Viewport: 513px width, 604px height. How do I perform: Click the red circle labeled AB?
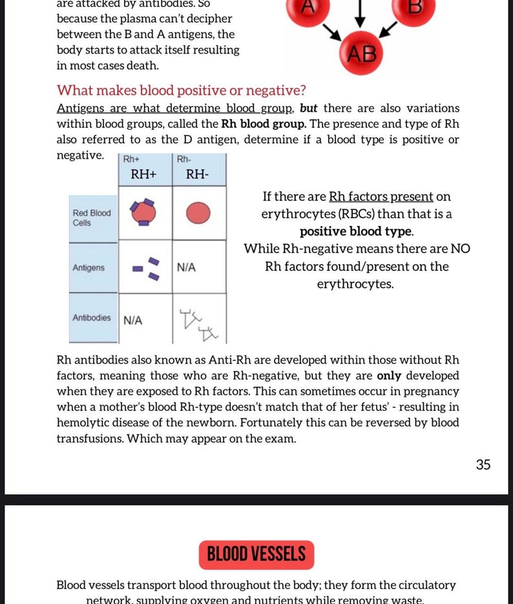(361, 53)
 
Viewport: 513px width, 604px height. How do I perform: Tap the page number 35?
(483, 464)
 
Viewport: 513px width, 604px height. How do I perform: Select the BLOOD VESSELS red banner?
(256, 555)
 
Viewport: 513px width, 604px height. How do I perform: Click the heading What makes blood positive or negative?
(182, 90)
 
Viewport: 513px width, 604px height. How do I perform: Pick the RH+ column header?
(143, 174)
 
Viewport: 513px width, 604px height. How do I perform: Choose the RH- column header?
(197, 174)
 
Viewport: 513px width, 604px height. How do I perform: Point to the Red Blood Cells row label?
(92, 218)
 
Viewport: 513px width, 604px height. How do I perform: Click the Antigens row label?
(89, 267)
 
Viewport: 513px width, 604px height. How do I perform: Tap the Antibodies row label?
(92, 317)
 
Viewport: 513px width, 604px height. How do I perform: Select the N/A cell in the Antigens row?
(187, 267)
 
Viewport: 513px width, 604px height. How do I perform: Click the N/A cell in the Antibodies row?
(133, 320)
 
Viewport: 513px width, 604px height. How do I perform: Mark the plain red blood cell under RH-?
(198, 213)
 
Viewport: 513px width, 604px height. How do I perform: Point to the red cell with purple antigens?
(143, 212)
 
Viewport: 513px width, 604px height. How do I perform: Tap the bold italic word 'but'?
(308, 109)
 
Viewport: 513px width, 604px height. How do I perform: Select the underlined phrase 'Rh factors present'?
(381, 196)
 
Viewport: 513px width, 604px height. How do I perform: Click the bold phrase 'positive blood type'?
(355, 231)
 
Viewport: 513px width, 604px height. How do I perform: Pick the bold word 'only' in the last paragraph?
(389, 375)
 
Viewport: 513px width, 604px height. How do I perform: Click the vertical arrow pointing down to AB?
(360, 14)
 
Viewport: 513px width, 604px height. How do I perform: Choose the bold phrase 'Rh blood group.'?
(264, 124)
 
